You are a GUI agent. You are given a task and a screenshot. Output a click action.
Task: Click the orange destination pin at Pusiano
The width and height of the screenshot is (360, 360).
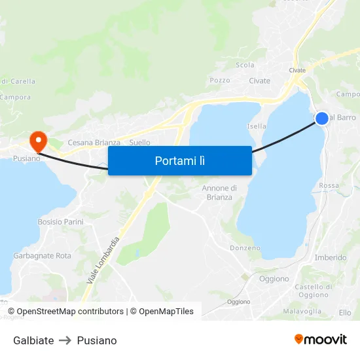(x=38, y=139)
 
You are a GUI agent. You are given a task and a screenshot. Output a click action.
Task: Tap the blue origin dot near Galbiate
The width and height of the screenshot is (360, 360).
(x=322, y=118)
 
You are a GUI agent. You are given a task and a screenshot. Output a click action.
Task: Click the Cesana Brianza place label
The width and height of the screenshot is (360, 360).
(x=94, y=143)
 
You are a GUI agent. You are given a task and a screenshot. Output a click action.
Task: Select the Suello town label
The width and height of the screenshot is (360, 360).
(x=140, y=143)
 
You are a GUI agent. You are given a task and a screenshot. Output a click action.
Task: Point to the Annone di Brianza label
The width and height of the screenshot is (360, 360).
(x=219, y=192)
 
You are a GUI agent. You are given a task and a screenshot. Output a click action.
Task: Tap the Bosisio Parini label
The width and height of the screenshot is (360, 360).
(x=60, y=222)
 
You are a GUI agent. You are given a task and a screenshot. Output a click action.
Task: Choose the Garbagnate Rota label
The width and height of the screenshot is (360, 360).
(x=43, y=256)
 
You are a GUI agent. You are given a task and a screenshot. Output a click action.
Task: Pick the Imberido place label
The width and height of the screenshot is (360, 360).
(x=331, y=257)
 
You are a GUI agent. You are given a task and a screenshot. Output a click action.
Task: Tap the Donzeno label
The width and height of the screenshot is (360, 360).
(x=245, y=248)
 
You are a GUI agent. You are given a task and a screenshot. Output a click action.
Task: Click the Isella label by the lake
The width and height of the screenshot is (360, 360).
(x=257, y=126)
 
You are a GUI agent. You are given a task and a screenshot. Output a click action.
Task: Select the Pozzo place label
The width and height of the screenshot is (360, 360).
(x=220, y=81)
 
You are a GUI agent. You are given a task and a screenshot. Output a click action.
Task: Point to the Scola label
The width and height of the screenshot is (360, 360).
(x=245, y=65)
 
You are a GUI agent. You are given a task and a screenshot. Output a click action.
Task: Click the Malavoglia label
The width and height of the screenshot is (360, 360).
(x=302, y=312)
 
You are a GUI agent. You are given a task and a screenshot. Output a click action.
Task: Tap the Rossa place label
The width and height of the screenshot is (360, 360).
(x=329, y=185)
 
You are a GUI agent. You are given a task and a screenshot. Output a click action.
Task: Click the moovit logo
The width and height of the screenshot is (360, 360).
(x=321, y=340)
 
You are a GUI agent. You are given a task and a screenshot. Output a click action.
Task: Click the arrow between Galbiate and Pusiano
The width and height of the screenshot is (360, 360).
(x=65, y=340)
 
